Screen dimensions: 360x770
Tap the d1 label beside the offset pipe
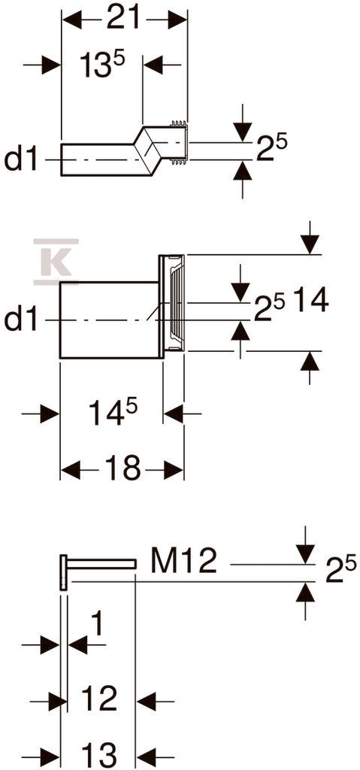coord(21,159)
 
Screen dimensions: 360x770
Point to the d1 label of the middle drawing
coord(21,320)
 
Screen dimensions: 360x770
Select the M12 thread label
coord(183,560)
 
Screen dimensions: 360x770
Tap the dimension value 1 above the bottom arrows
coord(98,624)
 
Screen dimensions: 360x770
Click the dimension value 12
coord(99,699)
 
